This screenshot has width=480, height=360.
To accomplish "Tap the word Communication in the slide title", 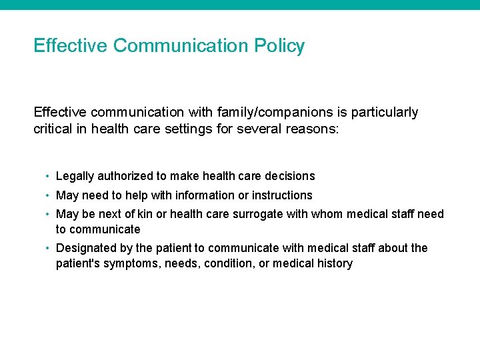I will pos(181,46).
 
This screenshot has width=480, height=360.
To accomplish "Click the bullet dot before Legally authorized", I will pos(48,176).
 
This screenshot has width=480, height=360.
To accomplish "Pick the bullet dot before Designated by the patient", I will pos(48,248).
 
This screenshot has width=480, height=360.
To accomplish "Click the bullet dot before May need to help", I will pos(48,195).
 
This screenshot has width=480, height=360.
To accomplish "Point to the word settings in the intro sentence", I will pos(191,129).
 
